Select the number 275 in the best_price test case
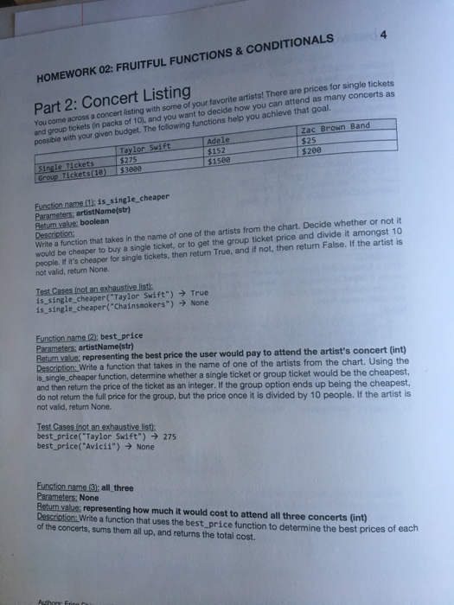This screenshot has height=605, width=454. (169, 436)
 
